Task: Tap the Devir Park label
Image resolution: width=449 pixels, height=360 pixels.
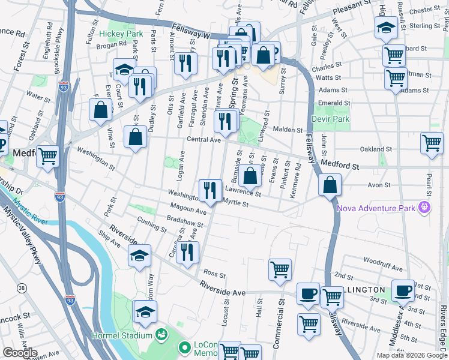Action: [x=330, y=119]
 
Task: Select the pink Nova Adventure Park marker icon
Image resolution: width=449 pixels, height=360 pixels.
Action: [x=426, y=208]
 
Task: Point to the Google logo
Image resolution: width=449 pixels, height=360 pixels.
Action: [x=20, y=353]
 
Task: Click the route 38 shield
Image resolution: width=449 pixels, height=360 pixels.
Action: [x=22, y=289]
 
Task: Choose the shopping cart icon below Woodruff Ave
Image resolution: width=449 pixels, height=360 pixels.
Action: [x=280, y=269]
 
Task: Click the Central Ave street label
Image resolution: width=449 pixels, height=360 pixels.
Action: [x=204, y=139]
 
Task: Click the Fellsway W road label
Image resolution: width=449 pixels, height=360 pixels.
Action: [x=190, y=31]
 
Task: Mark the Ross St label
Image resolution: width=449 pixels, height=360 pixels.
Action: [x=214, y=274]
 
